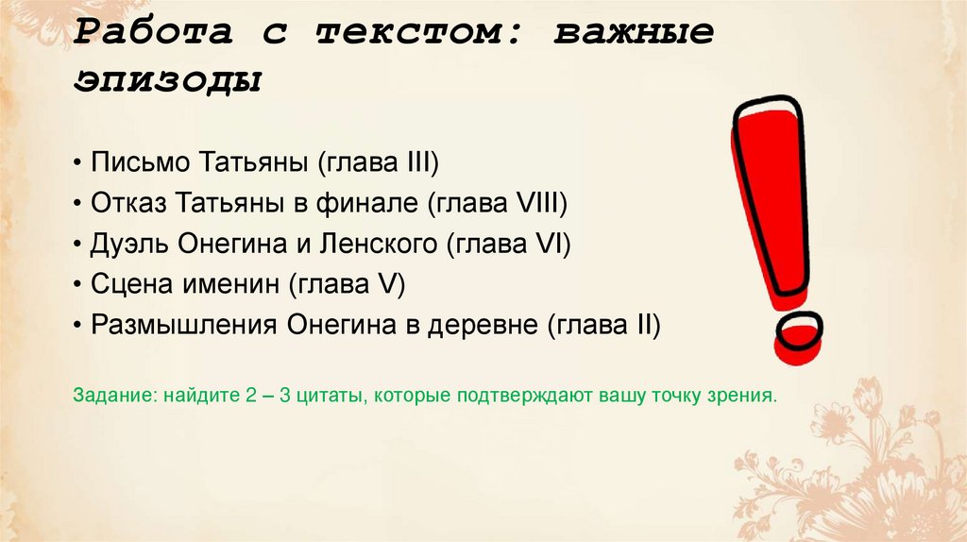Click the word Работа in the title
(153, 31)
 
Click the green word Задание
(103, 395)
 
